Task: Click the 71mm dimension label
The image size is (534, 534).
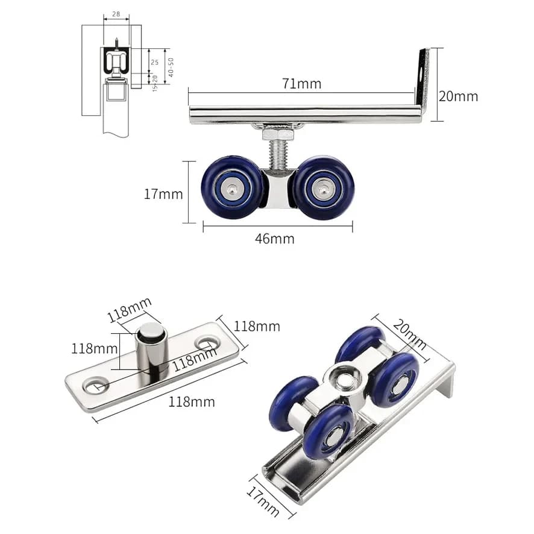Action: click(301, 84)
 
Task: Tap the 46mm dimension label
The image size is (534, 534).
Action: click(274, 239)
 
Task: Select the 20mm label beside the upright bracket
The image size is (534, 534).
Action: click(458, 96)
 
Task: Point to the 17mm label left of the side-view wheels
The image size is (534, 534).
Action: click(163, 194)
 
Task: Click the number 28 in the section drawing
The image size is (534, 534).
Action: click(116, 14)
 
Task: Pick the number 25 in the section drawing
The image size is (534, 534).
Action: click(155, 62)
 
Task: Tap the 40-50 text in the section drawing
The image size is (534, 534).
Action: click(171, 67)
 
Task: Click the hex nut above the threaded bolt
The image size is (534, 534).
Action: click(278, 133)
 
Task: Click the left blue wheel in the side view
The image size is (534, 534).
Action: click(232, 187)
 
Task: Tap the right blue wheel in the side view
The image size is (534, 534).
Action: click(323, 187)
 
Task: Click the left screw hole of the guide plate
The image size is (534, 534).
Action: click(95, 385)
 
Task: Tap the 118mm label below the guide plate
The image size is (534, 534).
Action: click(192, 402)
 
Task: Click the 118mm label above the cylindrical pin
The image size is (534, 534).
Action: click(130, 310)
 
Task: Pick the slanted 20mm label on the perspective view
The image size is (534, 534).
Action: click(409, 335)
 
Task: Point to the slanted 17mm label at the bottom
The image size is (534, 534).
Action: click(263, 501)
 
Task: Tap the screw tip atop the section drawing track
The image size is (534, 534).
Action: click(117, 42)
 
